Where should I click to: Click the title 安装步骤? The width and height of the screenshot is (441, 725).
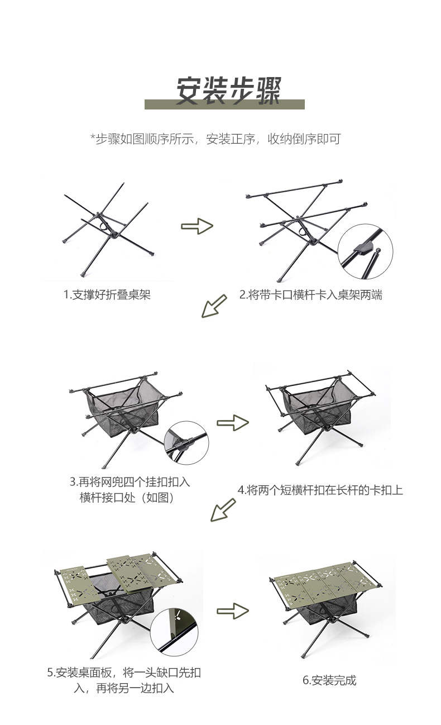pyautogui.click(x=228, y=90)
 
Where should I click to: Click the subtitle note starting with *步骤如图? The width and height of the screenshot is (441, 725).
pyautogui.click(x=215, y=139)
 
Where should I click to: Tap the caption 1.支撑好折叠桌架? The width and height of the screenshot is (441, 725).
pyautogui.click(x=107, y=294)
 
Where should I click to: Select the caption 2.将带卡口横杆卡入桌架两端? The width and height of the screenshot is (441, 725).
pyautogui.click(x=310, y=295)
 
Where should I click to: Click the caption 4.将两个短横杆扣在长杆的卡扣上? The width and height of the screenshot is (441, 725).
pyautogui.click(x=320, y=490)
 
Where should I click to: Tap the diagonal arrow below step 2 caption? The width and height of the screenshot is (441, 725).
pyautogui.click(x=214, y=306)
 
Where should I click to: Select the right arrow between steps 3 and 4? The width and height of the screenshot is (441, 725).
pyautogui.click(x=233, y=423)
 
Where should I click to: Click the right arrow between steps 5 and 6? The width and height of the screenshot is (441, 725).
pyautogui.click(x=233, y=611)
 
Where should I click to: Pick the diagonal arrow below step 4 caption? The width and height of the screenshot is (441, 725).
pyautogui.click(x=223, y=510)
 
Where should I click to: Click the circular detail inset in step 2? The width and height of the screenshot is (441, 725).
pyautogui.click(x=365, y=252)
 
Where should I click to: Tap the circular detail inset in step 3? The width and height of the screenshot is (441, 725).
pyautogui.click(x=186, y=443)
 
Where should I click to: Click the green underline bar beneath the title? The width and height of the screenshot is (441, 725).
pyautogui.click(x=224, y=104)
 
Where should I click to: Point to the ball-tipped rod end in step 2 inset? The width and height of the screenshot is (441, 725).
pyautogui.click(x=377, y=250)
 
